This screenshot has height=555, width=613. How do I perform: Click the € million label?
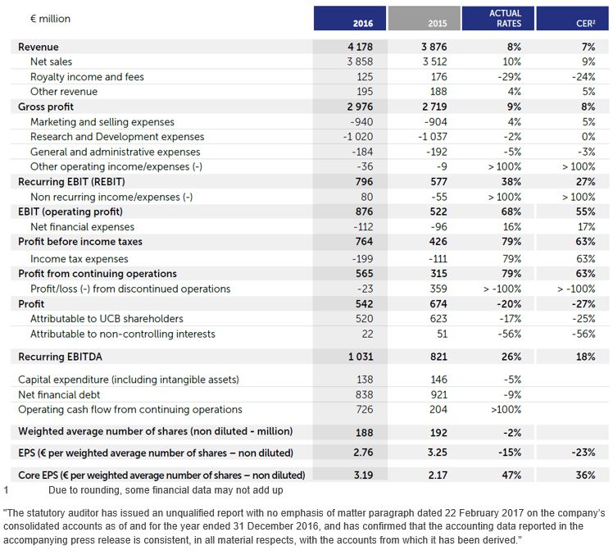click(51, 19)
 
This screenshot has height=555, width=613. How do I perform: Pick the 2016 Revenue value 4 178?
click(360, 47)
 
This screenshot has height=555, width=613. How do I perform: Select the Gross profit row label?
click(46, 107)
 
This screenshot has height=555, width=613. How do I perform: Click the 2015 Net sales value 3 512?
click(434, 61)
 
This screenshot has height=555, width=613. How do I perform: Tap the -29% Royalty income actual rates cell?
click(510, 77)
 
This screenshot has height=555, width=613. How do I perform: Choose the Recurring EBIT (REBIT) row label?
click(71, 182)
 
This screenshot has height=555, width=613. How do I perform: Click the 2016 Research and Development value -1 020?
click(358, 137)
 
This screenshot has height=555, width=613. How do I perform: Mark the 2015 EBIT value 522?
click(438, 212)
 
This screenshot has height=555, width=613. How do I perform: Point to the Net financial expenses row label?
click(83, 227)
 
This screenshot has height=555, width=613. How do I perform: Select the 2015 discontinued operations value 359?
click(438, 289)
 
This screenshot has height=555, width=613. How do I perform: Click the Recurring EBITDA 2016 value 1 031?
click(361, 357)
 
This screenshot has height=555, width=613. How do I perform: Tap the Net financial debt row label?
click(59, 394)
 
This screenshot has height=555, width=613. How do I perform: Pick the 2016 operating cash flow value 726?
click(365, 410)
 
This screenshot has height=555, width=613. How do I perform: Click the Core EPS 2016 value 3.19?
click(364, 475)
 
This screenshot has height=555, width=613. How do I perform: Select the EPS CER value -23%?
click(583, 453)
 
